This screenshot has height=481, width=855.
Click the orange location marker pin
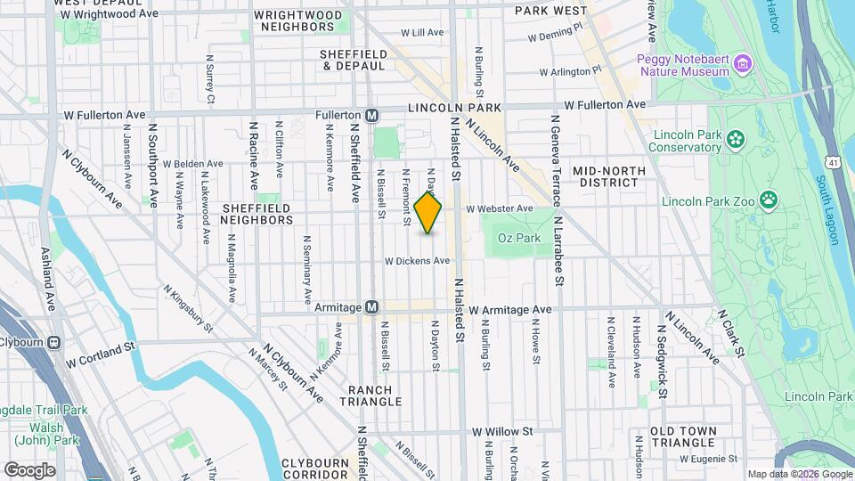[428, 213]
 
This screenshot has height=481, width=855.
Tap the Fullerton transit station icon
[372, 116]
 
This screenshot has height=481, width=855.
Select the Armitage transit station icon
[372, 307]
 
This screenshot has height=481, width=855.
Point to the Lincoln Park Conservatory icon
[736, 138]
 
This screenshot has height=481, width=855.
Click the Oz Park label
[519, 239]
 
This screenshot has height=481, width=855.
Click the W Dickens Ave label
[417, 261]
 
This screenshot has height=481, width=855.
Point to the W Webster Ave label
[499, 208]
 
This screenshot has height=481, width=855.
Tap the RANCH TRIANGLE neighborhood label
[370, 396]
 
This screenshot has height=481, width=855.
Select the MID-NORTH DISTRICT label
[607, 176]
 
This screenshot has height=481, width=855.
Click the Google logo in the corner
[30, 470]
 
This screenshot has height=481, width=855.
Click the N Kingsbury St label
[188, 308]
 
